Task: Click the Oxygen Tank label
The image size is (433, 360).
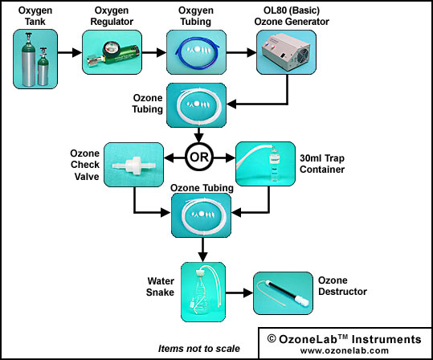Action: point(35,16)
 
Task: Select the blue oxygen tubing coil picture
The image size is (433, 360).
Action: point(196,52)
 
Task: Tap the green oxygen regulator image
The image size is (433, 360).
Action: point(112,52)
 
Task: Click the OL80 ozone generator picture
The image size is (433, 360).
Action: point(286,52)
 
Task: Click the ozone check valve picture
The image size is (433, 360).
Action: point(133,165)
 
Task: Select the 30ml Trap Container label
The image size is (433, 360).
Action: point(322,164)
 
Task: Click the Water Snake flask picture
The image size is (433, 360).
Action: point(203,292)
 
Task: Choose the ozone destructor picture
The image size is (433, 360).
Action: point(283,293)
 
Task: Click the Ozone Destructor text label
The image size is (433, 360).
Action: point(342,286)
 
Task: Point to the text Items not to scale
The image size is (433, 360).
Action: point(199,349)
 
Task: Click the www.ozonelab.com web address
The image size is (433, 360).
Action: point(345,350)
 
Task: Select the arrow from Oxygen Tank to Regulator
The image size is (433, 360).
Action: point(70,52)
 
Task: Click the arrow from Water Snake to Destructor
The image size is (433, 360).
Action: point(239,292)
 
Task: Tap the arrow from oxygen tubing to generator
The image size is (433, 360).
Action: point(241,52)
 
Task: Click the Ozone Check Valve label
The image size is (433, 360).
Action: point(85,165)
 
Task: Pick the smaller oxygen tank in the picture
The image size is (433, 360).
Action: point(43,67)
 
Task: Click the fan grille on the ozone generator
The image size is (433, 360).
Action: point(303,55)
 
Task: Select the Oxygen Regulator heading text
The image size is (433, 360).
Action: point(112,16)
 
